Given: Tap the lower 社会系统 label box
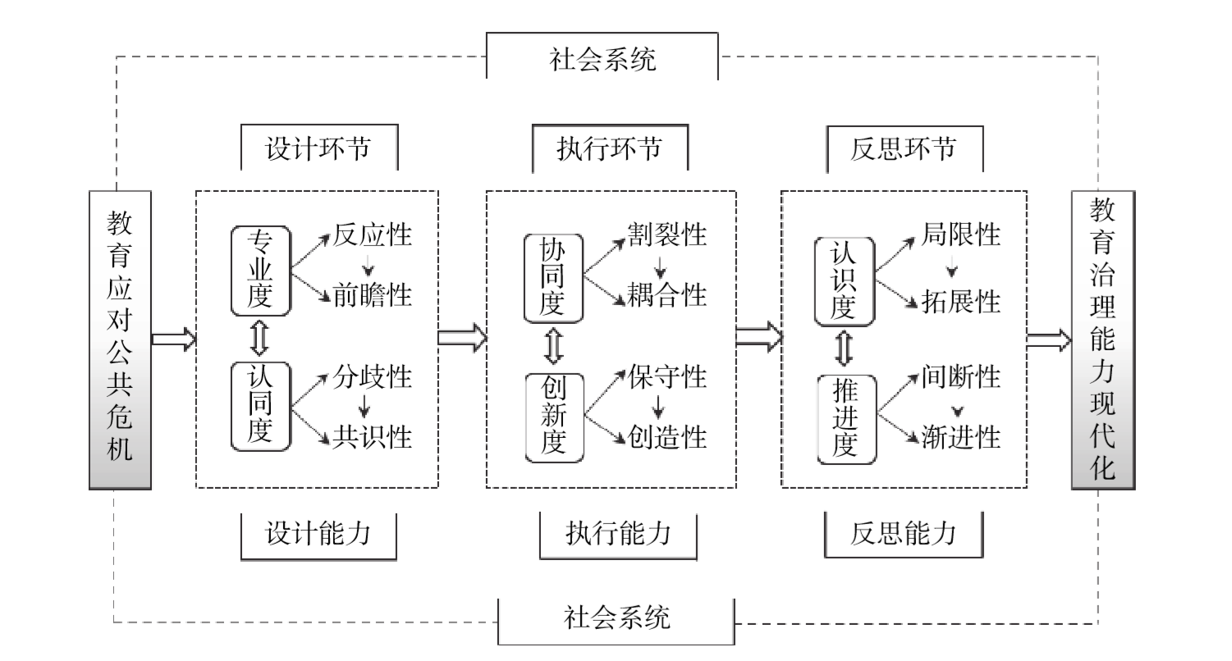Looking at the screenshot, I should click(x=616, y=617).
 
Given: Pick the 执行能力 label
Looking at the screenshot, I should click(x=618, y=534).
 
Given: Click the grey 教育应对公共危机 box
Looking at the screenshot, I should click(x=120, y=340).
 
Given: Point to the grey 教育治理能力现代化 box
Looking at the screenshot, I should click(x=1102, y=340).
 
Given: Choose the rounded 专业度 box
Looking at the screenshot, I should click(x=261, y=270).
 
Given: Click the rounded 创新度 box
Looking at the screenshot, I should click(x=554, y=416).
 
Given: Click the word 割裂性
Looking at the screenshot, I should click(x=667, y=235).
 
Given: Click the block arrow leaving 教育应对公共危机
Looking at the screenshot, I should click(x=173, y=339).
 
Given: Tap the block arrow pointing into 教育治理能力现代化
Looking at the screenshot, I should click(x=1048, y=340).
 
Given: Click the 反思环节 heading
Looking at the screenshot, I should click(x=904, y=150).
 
